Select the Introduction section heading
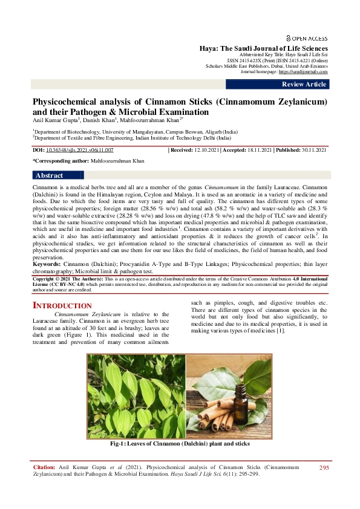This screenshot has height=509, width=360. tap(62, 306)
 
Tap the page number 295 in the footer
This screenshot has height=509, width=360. tap(324, 468)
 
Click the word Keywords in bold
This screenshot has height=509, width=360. tap(47, 264)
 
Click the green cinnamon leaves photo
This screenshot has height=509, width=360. tap(136, 396)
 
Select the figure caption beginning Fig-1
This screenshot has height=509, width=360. tap(180, 444)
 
